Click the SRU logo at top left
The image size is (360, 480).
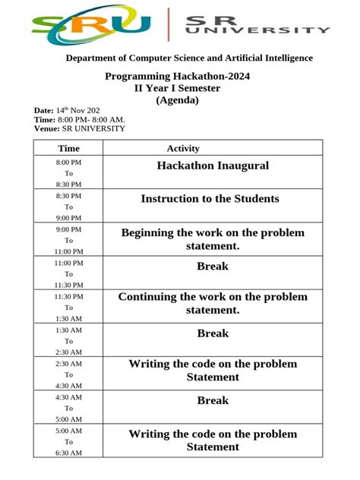pyautogui.click(x=90, y=25)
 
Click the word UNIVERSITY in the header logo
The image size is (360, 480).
pyautogui.click(x=257, y=30)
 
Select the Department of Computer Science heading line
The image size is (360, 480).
pyautogui.click(x=189, y=58)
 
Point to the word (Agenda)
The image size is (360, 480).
pyautogui.click(x=177, y=99)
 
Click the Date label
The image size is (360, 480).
pyautogui.click(x=43, y=111)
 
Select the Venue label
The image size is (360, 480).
pyautogui.click(x=46, y=128)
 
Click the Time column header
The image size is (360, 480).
pyautogui.click(x=68, y=149)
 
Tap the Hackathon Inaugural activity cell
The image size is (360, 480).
pyautogui.click(x=213, y=166)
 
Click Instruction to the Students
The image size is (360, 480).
pyautogui.click(x=210, y=199)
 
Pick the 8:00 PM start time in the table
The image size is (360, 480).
pyautogui.click(x=68, y=163)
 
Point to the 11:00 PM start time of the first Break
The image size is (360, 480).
pyautogui.click(x=68, y=263)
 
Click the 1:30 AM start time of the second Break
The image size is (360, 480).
pyautogui.click(x=68, y=330)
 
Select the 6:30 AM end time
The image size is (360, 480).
pyautogui.click(x=68, y=453)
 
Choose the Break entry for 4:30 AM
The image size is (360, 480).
pyautogui.click(x=213, y=400)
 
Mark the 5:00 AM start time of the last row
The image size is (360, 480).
pyautogui.click(x=68, y=431)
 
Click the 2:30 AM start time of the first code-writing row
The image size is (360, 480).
pyautogui.click(x=68, y=364)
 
